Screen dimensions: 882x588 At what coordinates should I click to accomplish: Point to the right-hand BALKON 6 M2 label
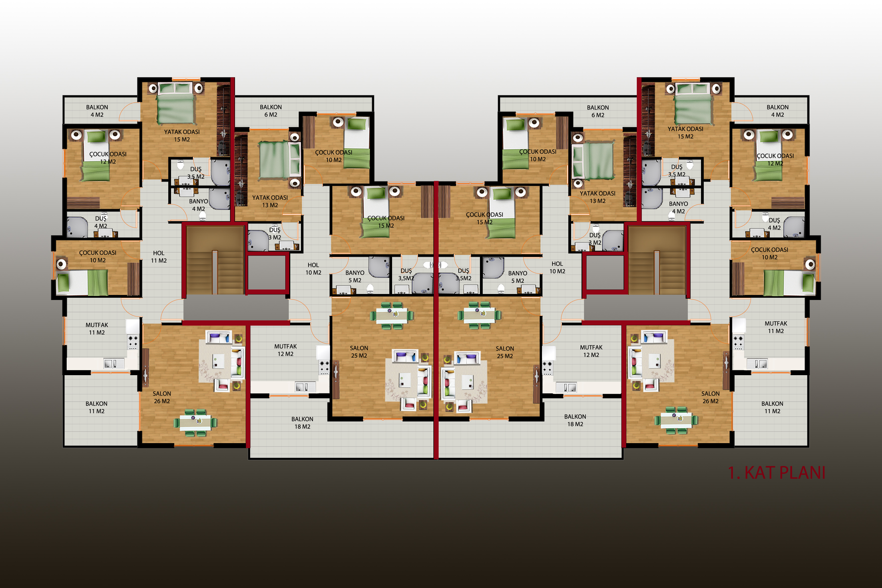[x=598, y=111]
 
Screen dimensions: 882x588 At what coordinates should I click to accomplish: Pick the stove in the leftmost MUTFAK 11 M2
[x=133, y=342]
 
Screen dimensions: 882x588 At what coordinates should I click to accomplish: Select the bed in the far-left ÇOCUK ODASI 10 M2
[x=82, y=283]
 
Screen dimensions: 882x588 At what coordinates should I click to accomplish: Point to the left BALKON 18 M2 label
[x=302, y=423]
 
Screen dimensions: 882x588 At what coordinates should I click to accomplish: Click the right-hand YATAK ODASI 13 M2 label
[x=597, y=197]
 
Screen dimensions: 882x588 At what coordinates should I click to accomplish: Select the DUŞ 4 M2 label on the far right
[x=774, y=224]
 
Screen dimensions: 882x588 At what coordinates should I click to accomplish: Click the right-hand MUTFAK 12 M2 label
[x=591, y=351]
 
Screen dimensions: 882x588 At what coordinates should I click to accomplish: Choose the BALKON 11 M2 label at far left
[x=96, y=408]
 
